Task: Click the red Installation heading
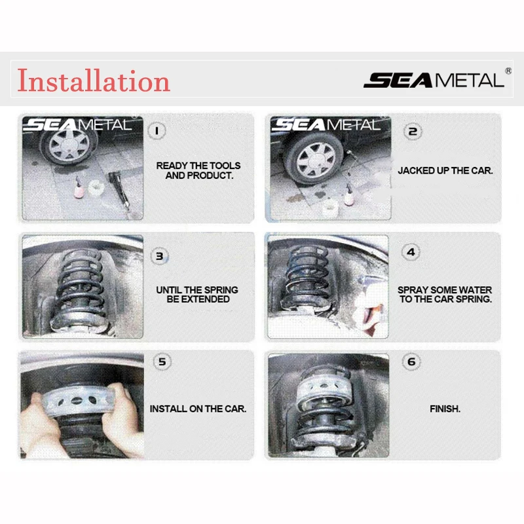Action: tap(94, 81)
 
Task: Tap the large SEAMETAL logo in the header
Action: tap(434, 80)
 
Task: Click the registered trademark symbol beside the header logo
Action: tap(508, 71)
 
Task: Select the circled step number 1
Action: tap(157, 130)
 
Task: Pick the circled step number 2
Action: tap(413, 132)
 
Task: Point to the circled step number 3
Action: tap(160, 256)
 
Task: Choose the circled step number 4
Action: tap(411, 252)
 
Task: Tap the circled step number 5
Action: tap(162, 362)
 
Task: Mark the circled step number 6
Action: tap(411, 362)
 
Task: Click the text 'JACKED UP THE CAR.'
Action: tap(445, 171)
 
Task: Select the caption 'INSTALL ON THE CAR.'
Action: tap(198, 409)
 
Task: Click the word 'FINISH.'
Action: tap(445, 409)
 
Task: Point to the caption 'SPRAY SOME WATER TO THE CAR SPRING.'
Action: tap(445, 294)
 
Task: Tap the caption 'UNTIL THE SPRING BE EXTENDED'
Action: tap(197, 294)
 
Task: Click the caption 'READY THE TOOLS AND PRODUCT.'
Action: tap(198, 170)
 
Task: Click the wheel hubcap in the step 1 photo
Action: tap(69, 144)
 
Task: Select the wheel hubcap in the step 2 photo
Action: tap(316, 160)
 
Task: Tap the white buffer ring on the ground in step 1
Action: tap(96, 188)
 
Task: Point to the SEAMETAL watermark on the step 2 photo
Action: tap(326, 124)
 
